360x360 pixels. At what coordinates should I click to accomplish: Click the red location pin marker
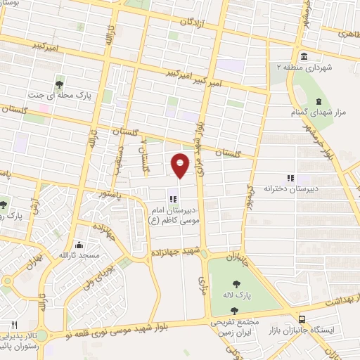[x=181, y=165]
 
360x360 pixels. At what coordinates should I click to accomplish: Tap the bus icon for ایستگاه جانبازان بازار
[x=302, y=318]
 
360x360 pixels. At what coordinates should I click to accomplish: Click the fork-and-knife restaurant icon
[x=13, y=324]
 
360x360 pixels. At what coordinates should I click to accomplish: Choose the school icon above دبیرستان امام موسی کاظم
[x=173, y=199]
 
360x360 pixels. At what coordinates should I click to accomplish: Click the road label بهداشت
[x=340, y=300]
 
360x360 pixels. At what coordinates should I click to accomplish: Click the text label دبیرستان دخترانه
[x=268, y=188]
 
